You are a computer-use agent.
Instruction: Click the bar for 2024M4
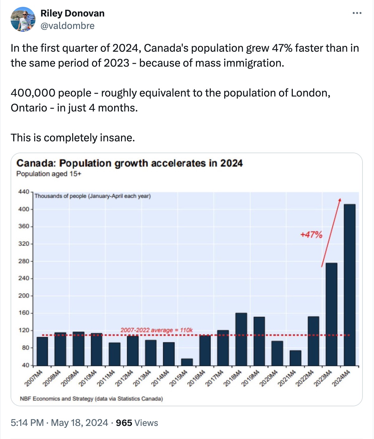(x=350, y=285)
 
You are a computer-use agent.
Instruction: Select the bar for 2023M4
(x=331, y=314)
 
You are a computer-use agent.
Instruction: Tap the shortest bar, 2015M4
(x=187, y=362)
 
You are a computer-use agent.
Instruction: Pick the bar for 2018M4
(x=241, y=339)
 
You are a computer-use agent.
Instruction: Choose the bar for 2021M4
(x=295, y=358)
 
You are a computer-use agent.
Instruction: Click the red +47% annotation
(x=311, y=235)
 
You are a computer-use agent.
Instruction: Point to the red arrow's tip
(x=340, y=198)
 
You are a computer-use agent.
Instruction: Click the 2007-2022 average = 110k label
(x=157, y=330)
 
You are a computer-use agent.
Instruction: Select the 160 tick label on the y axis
(x=24, y=313)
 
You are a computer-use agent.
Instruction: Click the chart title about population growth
(x=129, y=163)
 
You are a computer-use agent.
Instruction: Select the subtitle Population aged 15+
(x=49, y=174)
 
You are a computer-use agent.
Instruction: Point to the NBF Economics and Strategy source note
(x=91, y=399)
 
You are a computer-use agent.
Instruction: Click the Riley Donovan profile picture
(x=23, y=19)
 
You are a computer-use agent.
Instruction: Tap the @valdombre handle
(x=68, y=26)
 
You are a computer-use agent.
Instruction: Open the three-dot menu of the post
(x=357, y=13)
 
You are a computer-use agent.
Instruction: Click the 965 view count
(x=124, y=422)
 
